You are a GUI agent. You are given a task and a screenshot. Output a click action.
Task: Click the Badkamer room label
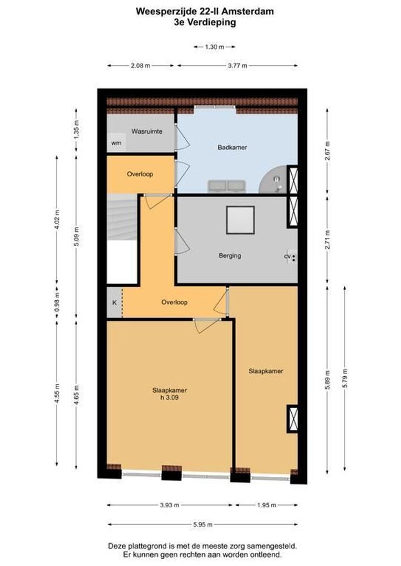(x=232, y=147)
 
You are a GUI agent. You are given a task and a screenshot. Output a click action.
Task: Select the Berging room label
(x=230, y=256)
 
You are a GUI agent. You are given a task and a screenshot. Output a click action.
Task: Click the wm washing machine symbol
(x=115, y=143)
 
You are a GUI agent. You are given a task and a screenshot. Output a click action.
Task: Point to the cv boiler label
(x=287, y=257)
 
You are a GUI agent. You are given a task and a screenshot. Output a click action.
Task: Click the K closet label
(x=114, y=302)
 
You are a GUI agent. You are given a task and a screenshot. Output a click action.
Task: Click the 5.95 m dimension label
(x=202, y=524)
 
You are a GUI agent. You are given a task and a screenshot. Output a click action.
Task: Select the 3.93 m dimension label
(x=170, y=505)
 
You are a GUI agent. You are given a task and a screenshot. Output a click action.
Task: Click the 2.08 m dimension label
(x=141, y=66)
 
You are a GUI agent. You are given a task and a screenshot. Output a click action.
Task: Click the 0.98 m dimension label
(x=57, y=303)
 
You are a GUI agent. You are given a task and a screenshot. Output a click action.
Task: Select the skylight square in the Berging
(x=240, y=220)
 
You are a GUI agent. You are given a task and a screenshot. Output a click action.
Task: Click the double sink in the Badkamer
(x=227, y=186)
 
